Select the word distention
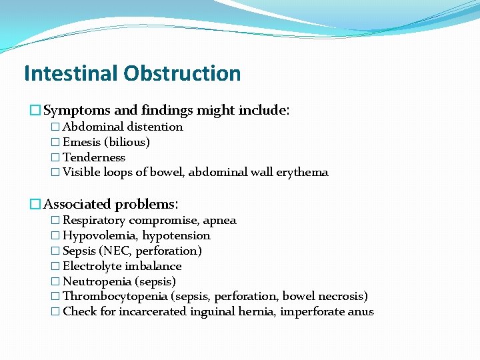point(155,127)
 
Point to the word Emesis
point(81,142)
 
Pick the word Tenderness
point(94,157)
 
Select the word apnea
point(219,220)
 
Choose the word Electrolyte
point(91,266)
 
